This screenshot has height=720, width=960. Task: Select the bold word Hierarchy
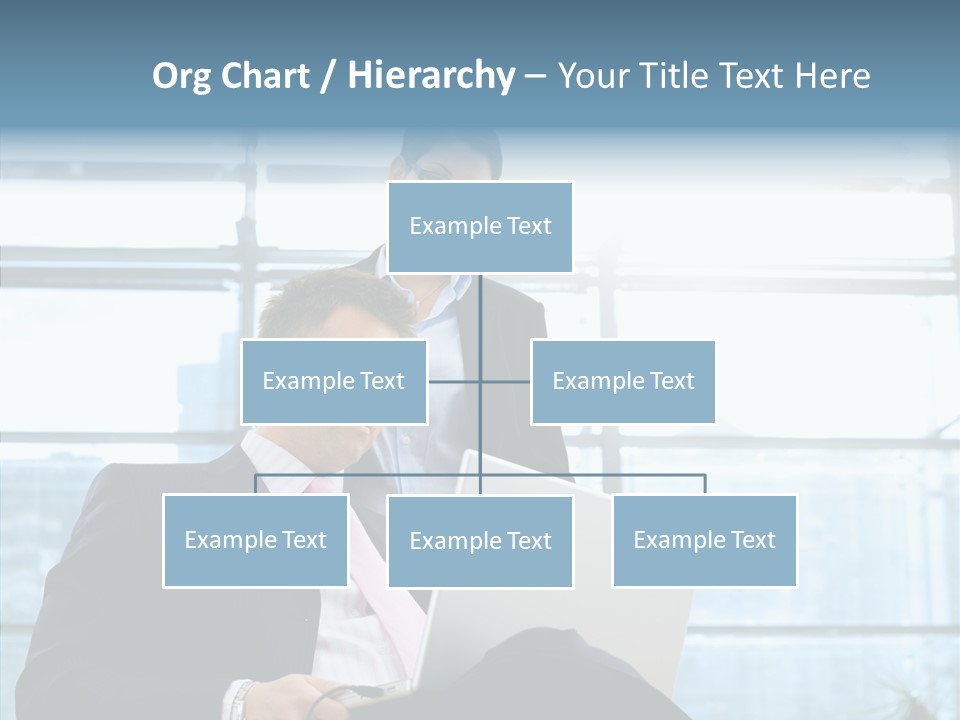coord(431,76)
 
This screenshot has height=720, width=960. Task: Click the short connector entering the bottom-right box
coord(705,484)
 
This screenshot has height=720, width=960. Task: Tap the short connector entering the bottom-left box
coord(256,484)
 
